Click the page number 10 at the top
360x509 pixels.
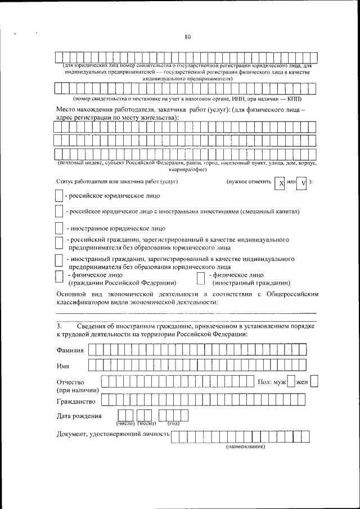tap(187, 37)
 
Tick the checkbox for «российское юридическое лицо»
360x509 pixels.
tap(59, 196)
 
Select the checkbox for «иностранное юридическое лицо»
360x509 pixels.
tap(59, 228)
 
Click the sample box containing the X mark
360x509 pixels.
tap(280, 184)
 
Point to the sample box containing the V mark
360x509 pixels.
tap(302, 184)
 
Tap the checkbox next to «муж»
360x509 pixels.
tap(291, 382)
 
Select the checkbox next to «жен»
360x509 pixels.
tap(314, 382)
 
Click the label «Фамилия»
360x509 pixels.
tap(70, 350)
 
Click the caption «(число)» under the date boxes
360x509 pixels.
tap(125, 423)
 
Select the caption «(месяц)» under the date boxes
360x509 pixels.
tap(146, 423)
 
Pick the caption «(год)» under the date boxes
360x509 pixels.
tap(173, 423)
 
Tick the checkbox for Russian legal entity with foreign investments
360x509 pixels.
tap(59, 212)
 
